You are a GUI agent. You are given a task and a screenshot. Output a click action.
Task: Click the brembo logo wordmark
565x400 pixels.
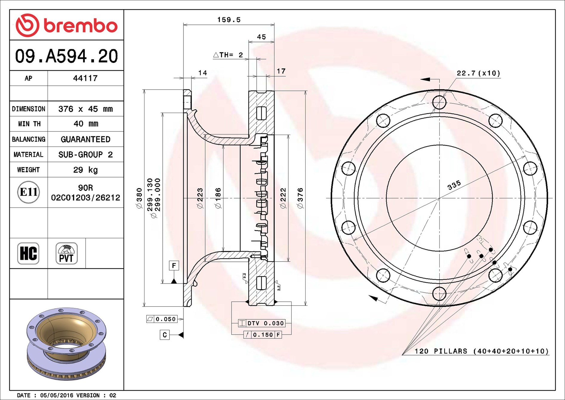[x=81, y=26]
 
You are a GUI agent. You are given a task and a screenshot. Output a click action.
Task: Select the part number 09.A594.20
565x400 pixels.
[x=67, y=56]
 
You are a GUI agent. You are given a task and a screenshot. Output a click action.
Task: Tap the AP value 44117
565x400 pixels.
[x=85, y=78]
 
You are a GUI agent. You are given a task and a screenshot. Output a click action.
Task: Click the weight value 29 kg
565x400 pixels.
[x=85, y=170]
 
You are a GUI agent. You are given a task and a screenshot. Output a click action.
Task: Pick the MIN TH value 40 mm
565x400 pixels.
[x=86, y=124]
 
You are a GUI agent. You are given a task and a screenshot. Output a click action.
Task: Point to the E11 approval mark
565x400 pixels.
[x=28, y=192]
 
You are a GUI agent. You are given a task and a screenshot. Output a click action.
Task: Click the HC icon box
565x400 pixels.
[x=28, y=253]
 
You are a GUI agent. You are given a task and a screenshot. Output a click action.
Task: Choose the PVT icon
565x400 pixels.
[x=67, y=253]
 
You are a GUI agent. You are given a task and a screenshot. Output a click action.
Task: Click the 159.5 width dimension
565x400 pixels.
[x=229, y=20]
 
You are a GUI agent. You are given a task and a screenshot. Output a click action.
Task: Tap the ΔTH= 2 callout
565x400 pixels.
[x=228, y=55]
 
